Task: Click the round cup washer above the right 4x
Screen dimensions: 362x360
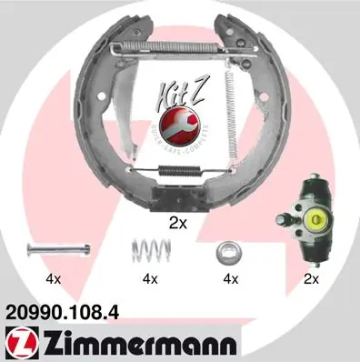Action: click(x=227, y=250)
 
